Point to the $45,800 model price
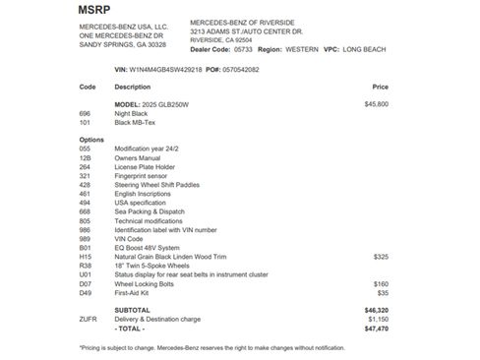click(376, 103)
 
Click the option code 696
click(86, 112)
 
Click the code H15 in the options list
click(86, 255)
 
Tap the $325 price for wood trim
click(381, 255)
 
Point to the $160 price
click(381, 282)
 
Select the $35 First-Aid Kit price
click(383, 291)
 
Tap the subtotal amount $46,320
click(376, 309)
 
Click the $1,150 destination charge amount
click(377, 319)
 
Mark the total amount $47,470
click(376, 328)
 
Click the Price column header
click(380, 87)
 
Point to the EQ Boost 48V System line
click(148, 246)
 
